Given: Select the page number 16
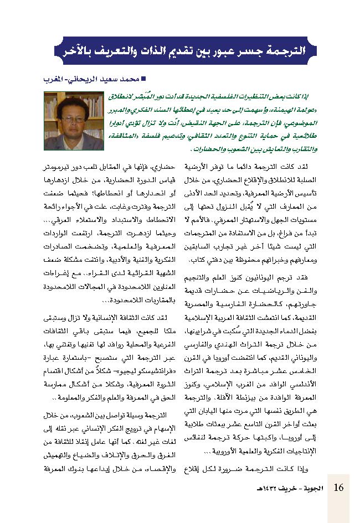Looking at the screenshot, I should [339, 488].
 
